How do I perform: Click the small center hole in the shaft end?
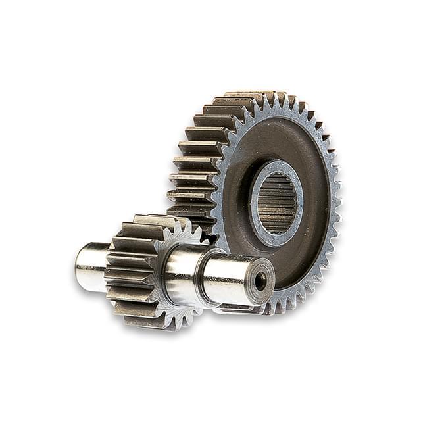click(260, 281)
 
